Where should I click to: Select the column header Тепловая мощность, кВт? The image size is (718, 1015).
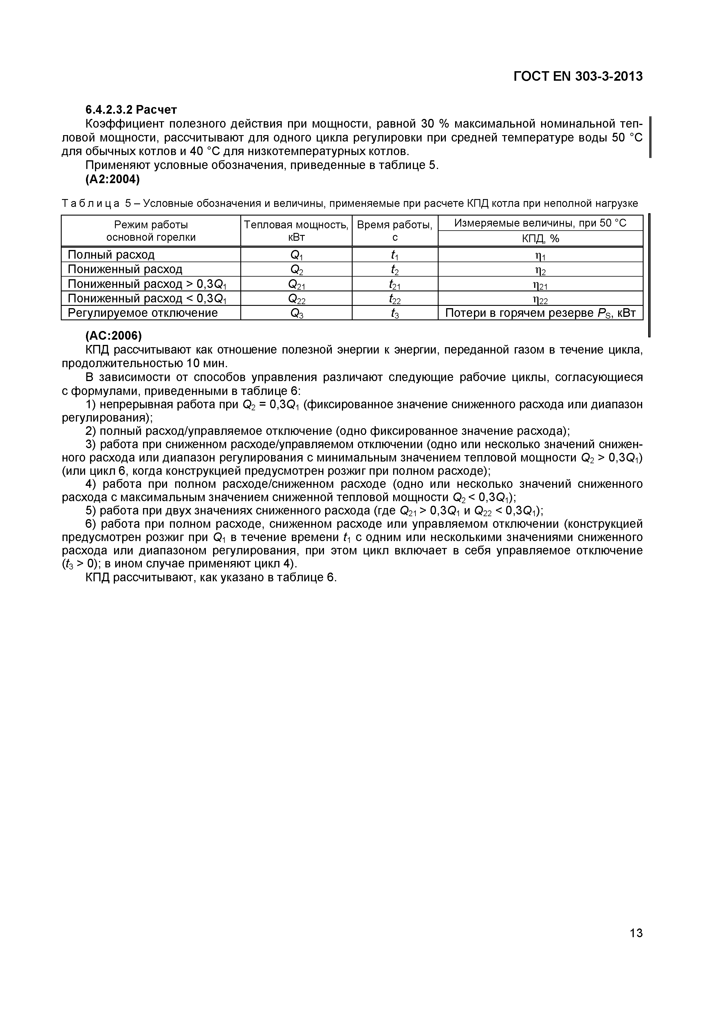(296, 231)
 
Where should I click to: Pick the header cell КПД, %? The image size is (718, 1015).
(540, 239)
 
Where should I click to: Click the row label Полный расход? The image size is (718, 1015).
(111, 255)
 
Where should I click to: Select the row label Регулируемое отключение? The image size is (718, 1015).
(142, 313)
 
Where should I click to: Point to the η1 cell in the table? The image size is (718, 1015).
(540, 255)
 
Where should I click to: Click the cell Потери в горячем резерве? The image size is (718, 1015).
(540, 313)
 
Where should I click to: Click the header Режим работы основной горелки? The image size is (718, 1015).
(151, 231)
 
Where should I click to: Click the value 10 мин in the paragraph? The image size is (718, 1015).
(210, 363)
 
